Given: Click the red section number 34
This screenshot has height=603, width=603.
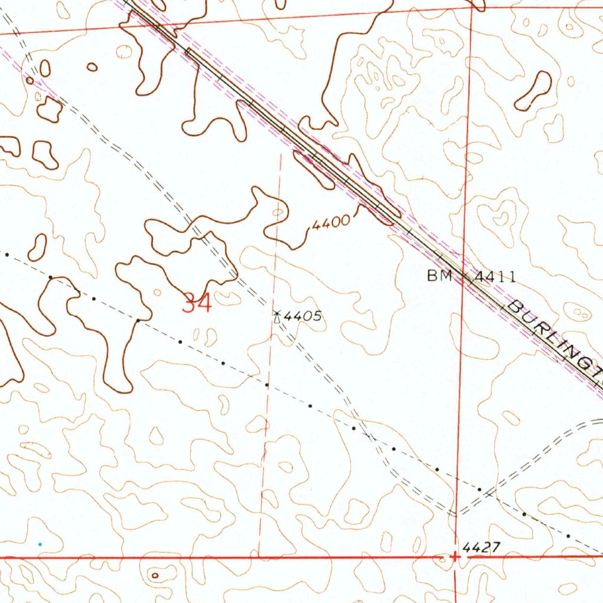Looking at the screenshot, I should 197,303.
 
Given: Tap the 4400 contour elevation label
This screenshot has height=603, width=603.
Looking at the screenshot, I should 330,224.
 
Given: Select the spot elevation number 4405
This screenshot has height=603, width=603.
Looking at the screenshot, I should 303,316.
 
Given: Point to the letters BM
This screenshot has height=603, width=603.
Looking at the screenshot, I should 439,276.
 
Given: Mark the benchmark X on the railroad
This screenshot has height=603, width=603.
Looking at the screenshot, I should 465,277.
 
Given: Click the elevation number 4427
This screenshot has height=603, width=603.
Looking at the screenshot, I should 481,548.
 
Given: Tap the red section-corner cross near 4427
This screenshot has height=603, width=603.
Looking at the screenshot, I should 455,556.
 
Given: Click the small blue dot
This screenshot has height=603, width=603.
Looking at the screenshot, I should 40,544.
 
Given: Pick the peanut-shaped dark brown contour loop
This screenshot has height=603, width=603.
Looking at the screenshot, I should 534,91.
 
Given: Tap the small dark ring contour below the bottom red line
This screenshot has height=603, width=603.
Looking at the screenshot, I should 155,575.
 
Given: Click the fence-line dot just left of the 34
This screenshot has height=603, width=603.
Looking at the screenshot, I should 137,320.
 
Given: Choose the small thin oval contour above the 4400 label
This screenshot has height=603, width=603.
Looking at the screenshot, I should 277,212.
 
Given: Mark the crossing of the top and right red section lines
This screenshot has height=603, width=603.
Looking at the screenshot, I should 472,9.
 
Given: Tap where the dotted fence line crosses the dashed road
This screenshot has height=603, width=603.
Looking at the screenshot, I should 369,436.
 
